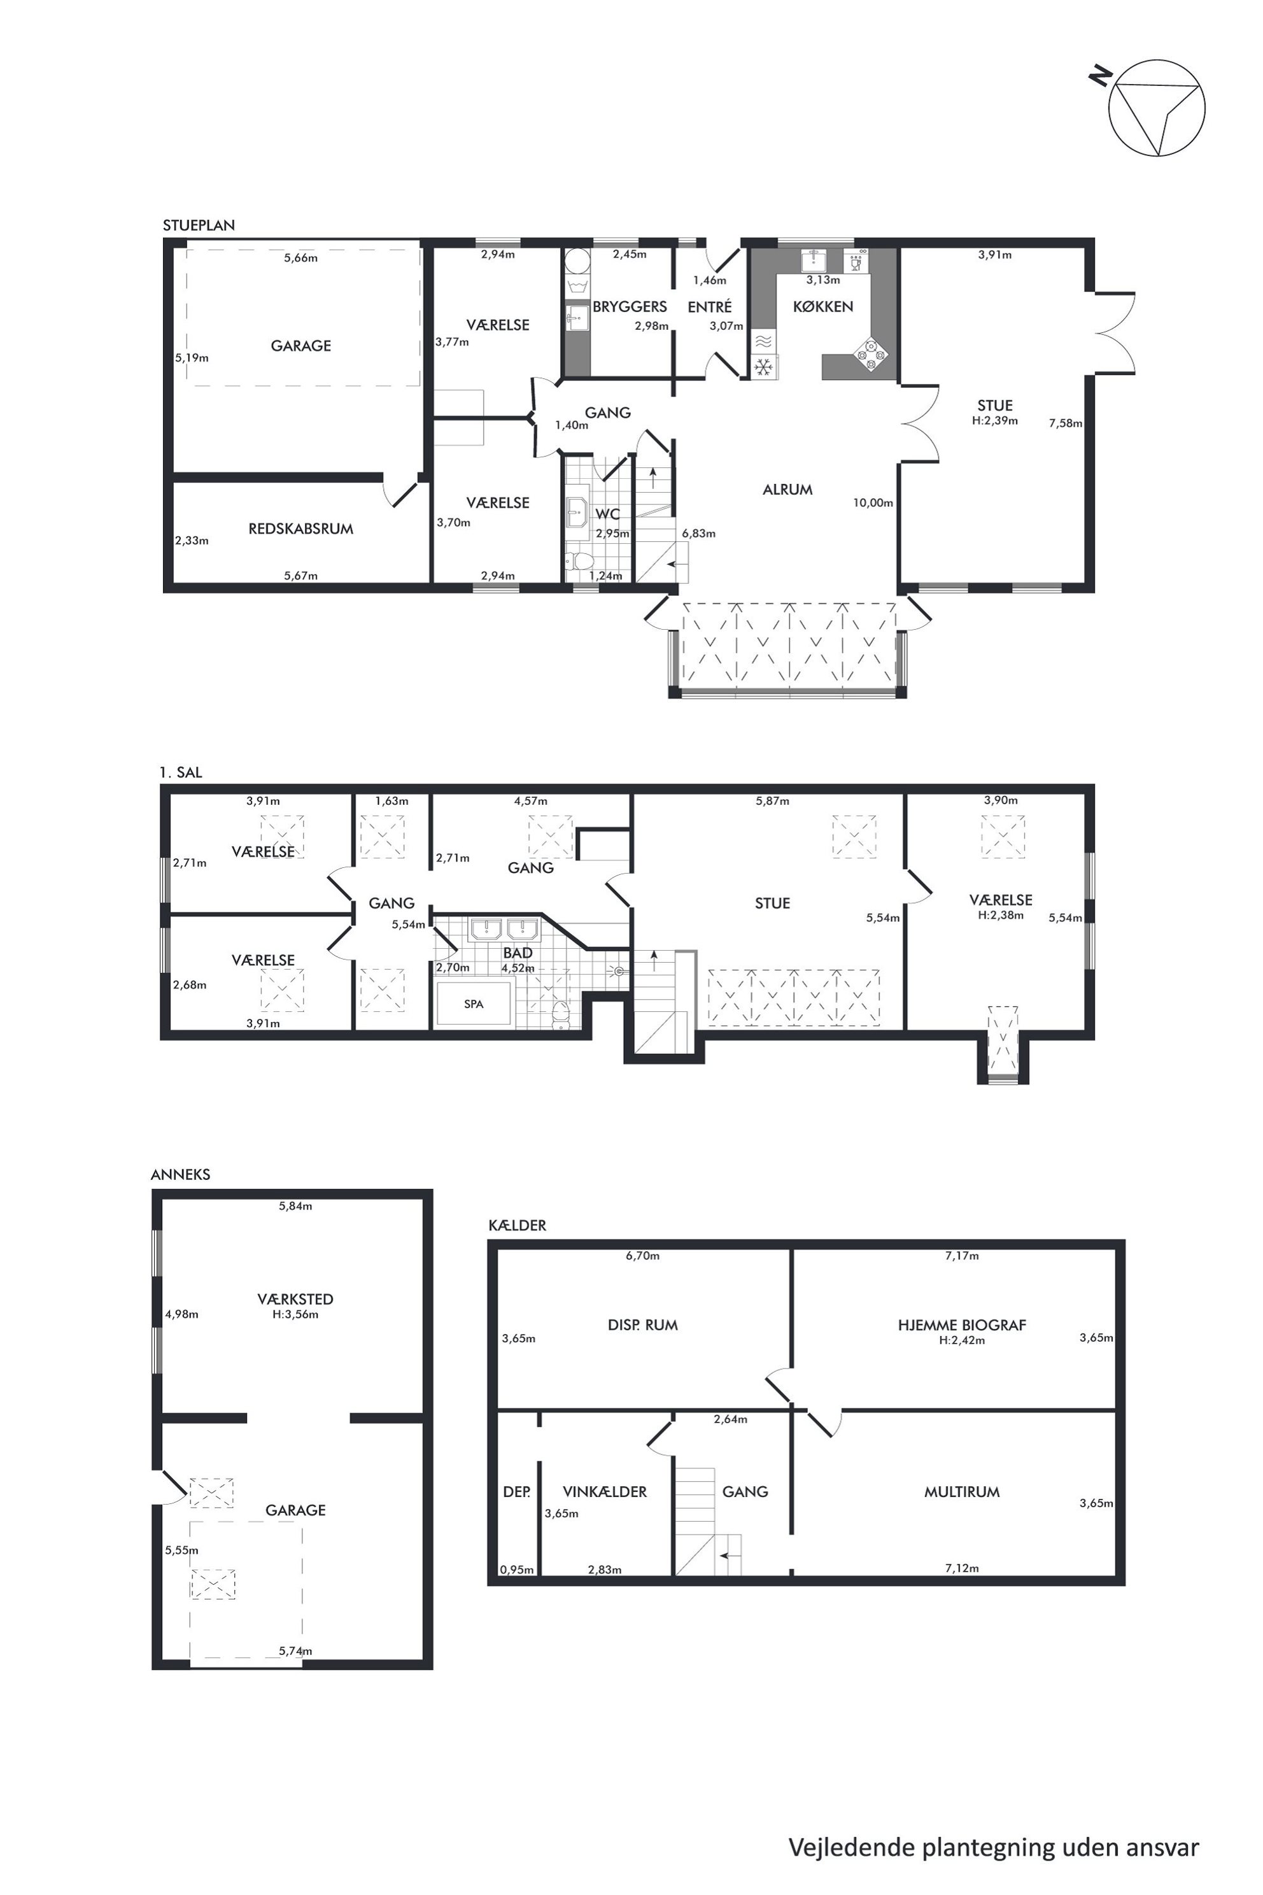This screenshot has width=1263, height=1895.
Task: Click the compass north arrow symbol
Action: pyautogui.click(x=1157, y=107)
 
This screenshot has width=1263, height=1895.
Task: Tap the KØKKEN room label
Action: pyautogui.click(x=822, y=307)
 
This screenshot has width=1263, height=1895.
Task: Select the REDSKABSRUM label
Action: pyautogui.click(x=301, y=529)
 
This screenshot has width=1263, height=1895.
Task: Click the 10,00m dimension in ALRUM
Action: pyautogui.click(x=873, y=503)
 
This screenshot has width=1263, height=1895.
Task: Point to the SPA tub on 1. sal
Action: pyautogui.click(x=474, y=1004)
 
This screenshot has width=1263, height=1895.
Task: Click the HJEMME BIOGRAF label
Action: pyautogui.click(x=962, y=1325)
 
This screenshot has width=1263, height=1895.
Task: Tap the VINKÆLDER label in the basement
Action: pyautogui.click(x=605, y=1491)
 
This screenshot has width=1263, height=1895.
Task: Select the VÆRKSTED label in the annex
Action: pyautogui.click(x=295, y=1299)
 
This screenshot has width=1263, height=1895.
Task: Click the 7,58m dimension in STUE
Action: pyautogui.click(x=1066, y=423)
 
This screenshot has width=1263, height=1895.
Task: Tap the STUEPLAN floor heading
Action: pyautogui.click(x=199, y=225)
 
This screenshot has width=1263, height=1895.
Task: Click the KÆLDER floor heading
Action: pyautogui.click(x=517, y=1226)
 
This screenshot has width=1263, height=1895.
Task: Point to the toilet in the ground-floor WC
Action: pyautogui.click(x=579, y=561)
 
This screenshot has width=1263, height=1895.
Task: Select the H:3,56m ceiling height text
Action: pyautogui.click(x=295, y=1314)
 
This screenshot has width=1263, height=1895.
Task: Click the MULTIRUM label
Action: pyautogui.click(x=962, y=1491)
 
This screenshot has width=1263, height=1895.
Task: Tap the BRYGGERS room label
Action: pyautogui.click(x=630, y=307)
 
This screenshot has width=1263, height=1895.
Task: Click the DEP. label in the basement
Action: pyautogui.click(x=516, y=1491)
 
